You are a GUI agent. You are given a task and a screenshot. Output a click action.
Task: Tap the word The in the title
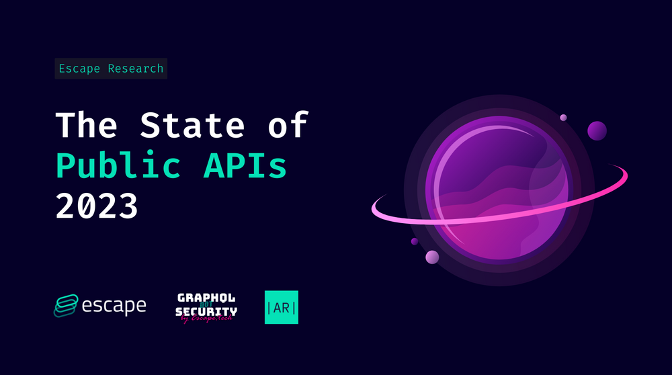86,126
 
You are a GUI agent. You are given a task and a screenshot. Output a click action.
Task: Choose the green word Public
118,165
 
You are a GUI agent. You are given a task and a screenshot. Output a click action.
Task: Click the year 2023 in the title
97,206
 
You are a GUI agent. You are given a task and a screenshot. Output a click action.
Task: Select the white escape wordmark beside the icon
114,306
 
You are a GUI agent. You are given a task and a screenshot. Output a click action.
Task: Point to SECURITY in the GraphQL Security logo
206,311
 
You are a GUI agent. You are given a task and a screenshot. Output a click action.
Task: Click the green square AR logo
282,307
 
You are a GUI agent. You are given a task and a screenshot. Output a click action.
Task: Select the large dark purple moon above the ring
597,130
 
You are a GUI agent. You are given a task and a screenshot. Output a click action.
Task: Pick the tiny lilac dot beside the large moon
563,118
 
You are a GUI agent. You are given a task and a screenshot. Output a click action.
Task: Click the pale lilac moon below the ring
432,257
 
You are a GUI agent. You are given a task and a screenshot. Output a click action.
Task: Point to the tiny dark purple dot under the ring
415,241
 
